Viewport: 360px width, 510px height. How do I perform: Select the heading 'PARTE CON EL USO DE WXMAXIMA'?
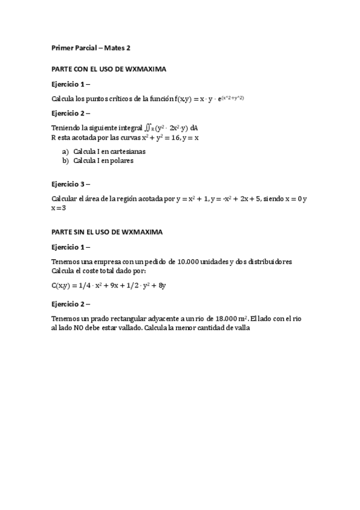[108, 69]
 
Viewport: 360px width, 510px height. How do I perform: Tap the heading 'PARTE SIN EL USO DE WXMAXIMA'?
[107, 232]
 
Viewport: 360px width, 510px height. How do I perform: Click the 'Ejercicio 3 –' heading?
[71, 184]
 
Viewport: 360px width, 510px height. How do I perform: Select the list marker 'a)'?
[66, 152]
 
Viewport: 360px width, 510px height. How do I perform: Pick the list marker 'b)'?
[66, 161]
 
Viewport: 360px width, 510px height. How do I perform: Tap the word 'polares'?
[121, 161]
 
